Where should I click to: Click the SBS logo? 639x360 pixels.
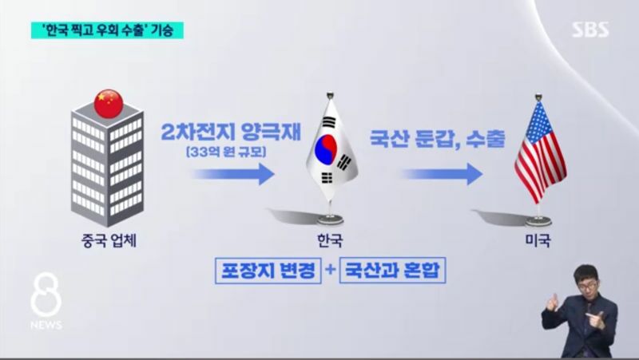(x=590, y=30)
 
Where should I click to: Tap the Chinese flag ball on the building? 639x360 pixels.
(x=109, y=104)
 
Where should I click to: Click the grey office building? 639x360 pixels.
(x=108, y=163)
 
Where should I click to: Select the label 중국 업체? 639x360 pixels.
(x=109, y=241)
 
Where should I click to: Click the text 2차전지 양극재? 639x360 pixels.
(x=231, y=132)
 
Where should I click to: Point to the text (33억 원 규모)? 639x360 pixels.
(x=226, y=152)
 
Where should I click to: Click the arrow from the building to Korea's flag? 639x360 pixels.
(x=232, y=174)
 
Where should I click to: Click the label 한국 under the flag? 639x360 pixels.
(x=330, y=240)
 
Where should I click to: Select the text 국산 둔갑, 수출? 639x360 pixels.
(x=437, y=139)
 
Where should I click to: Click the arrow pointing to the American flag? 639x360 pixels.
(x=442, y=174)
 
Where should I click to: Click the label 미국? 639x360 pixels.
(x=538, y=240)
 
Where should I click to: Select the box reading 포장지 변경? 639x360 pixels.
(x=268, y=271)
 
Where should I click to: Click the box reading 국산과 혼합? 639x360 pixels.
(x=392, y=271)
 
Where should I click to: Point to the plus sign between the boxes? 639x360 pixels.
(x=331, y=270)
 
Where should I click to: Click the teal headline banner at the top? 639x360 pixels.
(x=107, y=30)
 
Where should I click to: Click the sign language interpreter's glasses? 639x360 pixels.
(x=588, y=287)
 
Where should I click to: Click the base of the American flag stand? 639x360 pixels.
(x=538, y=222)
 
